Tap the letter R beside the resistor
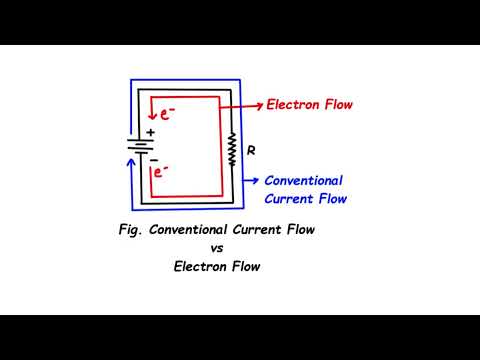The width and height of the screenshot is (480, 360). pyautogui.click(x=251, y=150)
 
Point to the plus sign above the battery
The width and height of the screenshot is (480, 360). pyautogui.click(x=151, y=131)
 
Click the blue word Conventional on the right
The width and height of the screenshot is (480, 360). pyautogui.click(x=302, y=181)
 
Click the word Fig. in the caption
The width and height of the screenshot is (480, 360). pyautogui.click(x=127, y=230)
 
